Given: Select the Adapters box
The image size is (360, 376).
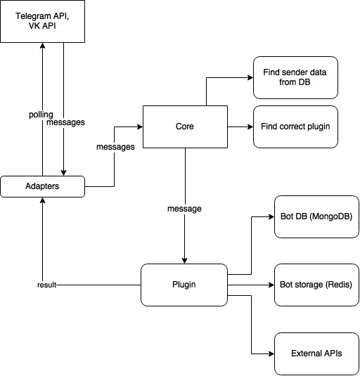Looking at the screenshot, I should pyautogui.click(x=42, y=186).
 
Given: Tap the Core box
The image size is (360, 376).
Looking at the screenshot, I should pyautogui.click(x=185, y=127).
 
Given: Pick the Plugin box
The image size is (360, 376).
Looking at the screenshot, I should pyautogui.click(x=184, y=285).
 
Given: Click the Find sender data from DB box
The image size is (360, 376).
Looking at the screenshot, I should pyautogui.click(x=295, y=77).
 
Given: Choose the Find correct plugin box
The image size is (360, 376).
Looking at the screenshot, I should pyautogui.click(x=295, y=127).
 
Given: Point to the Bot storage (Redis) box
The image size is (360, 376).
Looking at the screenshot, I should pyautogui.click(x=316, y=285).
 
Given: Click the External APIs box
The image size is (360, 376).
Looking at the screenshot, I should pyautogui.click(x=316, y=353).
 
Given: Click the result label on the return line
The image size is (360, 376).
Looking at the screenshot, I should pyautogui.click(x=46, y=285).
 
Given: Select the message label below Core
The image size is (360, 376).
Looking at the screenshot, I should pyautogui.click(x=184, y=209).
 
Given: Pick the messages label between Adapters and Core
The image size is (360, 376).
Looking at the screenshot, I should pyautogui.click(x=115, y=147).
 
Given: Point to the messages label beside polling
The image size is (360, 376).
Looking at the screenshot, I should pyautogui.click(x=65, y=122).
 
